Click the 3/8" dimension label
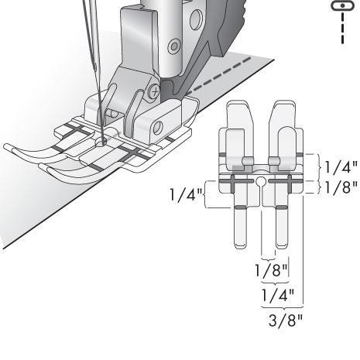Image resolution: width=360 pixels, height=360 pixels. pos(285,321)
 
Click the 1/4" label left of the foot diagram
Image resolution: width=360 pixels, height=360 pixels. pos(186,194)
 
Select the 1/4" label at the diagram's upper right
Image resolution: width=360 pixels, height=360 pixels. pos(341,167)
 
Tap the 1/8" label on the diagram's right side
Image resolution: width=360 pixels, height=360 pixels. pos(341,187)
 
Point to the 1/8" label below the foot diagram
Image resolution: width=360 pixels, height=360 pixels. pos(271,270)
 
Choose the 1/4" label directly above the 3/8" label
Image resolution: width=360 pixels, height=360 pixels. pos(278,295)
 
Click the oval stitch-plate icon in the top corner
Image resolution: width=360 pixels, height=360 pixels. pos(342,5)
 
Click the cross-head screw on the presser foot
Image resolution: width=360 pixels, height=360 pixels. pos(155,91)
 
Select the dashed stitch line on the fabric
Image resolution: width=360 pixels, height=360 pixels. pos(219,76)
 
